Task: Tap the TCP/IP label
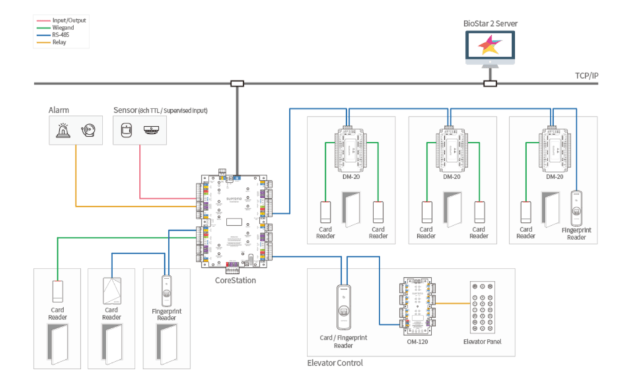pyautogui.click(x=586, y=76)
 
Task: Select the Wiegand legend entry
pyautogui.click(x=64, y=28)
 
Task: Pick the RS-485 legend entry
pyautogui.click(x=62, y=35)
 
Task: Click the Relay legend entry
pyautogui.click(x=60, y=43)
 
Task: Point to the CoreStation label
pyautogui.click(x=236, y=280)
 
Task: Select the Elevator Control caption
pyautogui.click(x=335, y=363)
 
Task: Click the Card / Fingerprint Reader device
pyautogui.click(x=343, y=307)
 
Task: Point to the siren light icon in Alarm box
pyautogui.click(x=63, y=130)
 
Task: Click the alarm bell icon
pyautogui.click(x=87, y=130)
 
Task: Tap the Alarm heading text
pyautogui.click(x=59, y=110)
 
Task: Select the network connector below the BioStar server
pyautogui.click(x=490, y=83)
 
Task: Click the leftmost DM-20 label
pyautogui.click(x=351, y=176)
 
